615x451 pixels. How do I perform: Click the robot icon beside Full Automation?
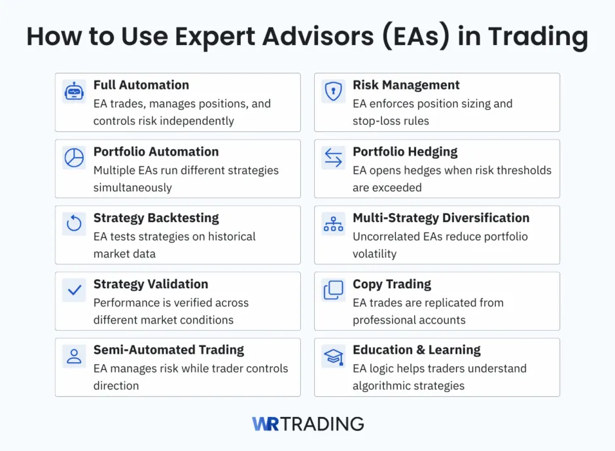(74, 92)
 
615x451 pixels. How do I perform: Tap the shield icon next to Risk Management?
(334, 92)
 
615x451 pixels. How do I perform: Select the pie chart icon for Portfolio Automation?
(74, 158)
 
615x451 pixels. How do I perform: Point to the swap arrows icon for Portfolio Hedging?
(334, 158)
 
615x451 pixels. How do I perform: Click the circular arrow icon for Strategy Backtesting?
(74, 224)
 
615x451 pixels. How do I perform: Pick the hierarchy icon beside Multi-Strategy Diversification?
(334, 224)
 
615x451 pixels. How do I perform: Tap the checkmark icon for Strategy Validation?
(74, 290)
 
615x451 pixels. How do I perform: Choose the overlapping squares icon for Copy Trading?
(334, 290)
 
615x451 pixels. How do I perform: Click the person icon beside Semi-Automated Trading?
(74, 356)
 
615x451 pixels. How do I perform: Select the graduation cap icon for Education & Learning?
(334, 356)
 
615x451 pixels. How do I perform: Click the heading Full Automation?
(141, 85)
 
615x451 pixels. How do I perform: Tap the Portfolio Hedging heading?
(405, 152)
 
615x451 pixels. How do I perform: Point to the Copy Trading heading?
(392, 284)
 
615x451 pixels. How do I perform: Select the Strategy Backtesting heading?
(156, 218)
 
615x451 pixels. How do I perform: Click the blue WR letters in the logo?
(265, 424)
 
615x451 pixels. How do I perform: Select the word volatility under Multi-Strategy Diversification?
(374, 254)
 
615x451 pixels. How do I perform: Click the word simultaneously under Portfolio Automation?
(133, 188)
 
